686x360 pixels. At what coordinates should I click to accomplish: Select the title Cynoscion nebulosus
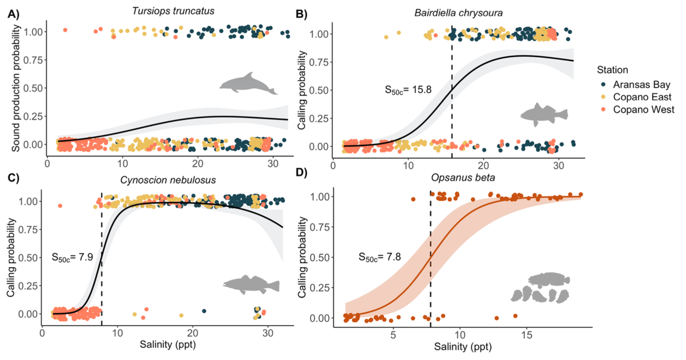168,180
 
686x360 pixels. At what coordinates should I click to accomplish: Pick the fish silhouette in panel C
251,285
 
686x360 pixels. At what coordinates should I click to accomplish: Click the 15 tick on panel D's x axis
527,335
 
